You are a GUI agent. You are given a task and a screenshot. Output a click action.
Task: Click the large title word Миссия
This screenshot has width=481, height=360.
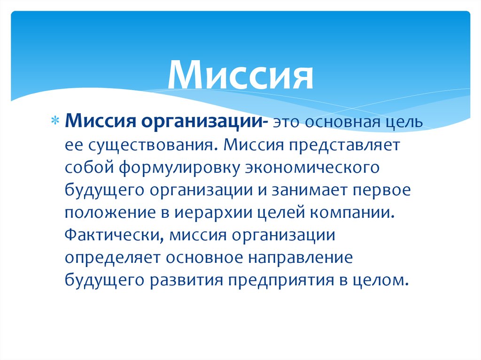click(240, 75)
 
